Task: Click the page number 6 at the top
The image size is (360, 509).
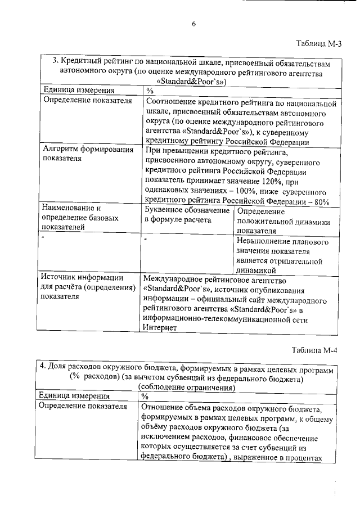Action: coord(193,24)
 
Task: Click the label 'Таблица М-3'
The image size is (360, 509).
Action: coord(317,45)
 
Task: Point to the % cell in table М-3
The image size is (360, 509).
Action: coord(149,90)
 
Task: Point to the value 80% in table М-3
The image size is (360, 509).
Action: coord(320,201)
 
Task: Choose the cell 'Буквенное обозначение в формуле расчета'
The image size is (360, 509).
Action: coord(186,215)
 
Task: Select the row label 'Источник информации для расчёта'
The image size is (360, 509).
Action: coord(87,286)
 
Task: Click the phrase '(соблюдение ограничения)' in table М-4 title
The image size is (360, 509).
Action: coord(186,388)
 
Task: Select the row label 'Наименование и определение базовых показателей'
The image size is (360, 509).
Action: coord(78,217)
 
